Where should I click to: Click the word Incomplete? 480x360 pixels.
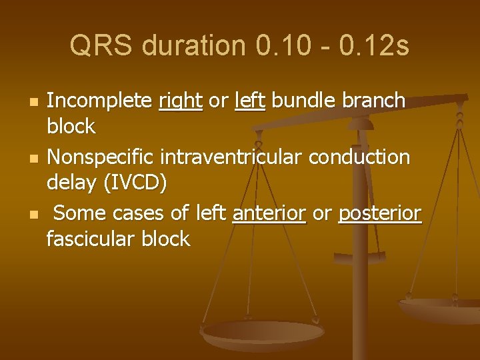pyautogui.click(x=100, y=101)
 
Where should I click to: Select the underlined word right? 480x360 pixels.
pyautogui.click(x=181, y=101)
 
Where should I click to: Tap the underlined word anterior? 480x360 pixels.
pyautogui.click(x=269, y=214)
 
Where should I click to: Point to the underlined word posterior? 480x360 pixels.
pyautogui.click(x=380, y=214)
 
